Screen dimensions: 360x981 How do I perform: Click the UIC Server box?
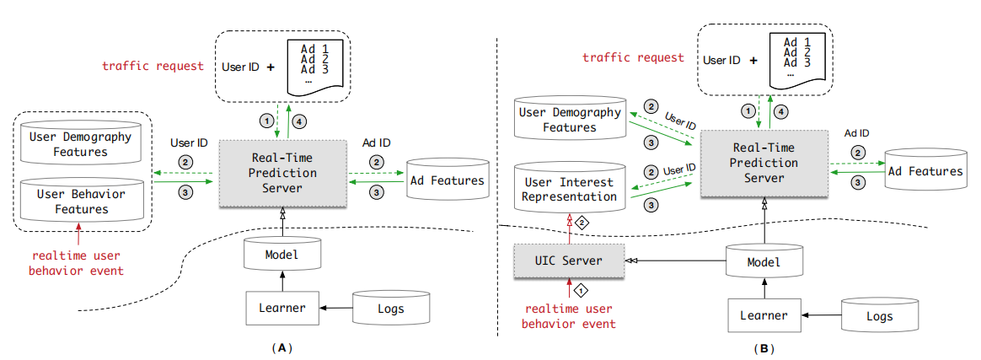[570, 261]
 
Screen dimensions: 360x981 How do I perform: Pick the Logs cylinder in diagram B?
[880, 315]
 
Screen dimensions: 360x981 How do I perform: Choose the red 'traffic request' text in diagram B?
[634, 58]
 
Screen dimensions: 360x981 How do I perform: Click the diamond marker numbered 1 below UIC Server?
[581, 292]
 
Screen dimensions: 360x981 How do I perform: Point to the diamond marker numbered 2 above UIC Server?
[581, 223]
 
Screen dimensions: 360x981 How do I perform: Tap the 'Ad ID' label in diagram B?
[856, 132]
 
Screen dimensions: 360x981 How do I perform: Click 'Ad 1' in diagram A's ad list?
[314, 49]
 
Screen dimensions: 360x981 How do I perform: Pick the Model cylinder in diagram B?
[764, 262]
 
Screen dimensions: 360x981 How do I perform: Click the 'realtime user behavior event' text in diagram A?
[78, 264]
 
